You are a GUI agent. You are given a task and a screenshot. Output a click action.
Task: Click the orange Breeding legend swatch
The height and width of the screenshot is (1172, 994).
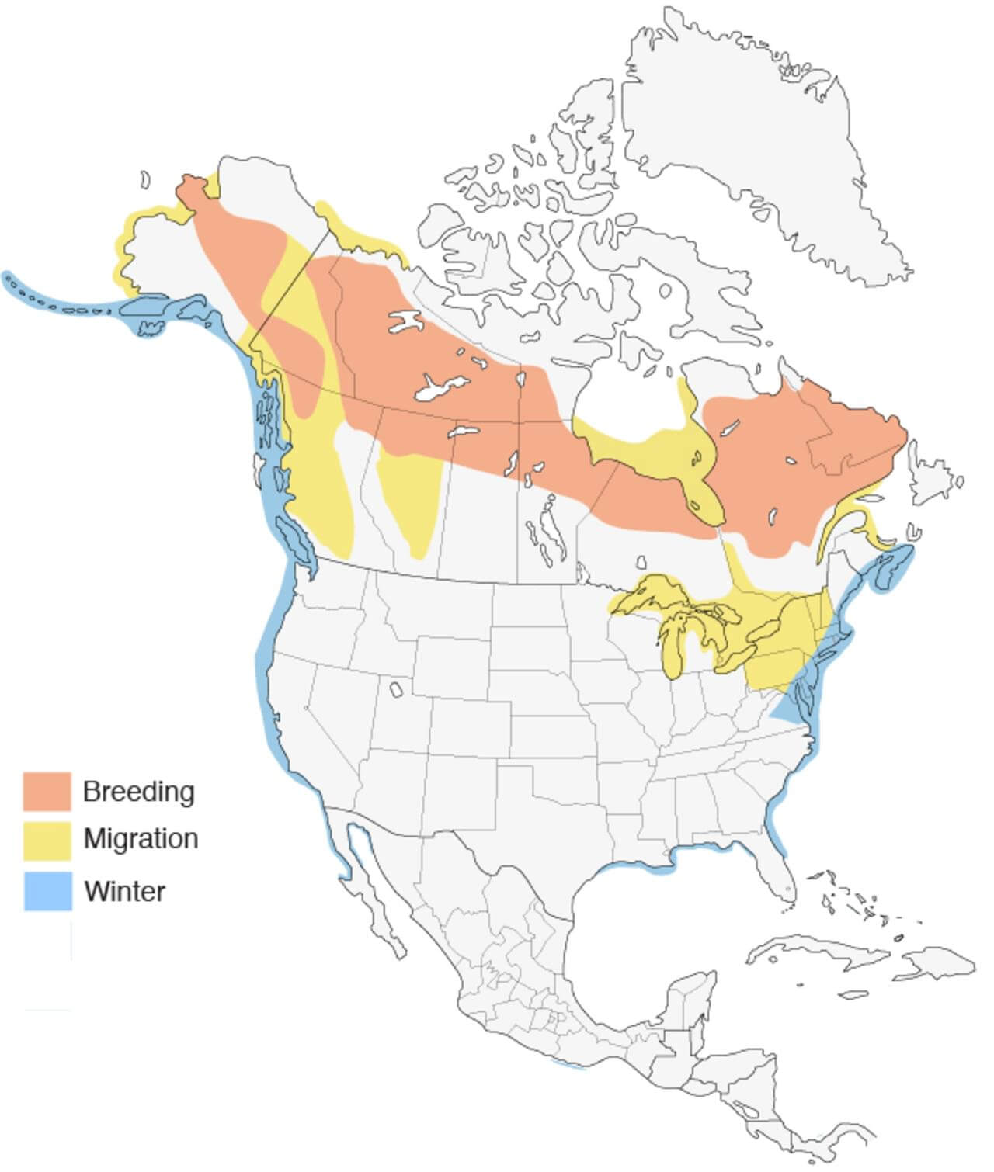click(47, 791)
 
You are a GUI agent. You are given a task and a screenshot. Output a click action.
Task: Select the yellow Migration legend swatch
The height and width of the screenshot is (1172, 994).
click(47, 841)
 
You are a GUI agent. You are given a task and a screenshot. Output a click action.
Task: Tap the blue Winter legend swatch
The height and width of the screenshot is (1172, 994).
click(47, 890)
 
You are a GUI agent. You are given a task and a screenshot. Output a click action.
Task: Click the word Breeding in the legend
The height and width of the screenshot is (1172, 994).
click(138, 792)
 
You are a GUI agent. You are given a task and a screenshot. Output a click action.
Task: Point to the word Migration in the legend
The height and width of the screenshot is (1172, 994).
click(141, 839)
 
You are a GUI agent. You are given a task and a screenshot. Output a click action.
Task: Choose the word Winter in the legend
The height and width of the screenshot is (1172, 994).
click(124, 891)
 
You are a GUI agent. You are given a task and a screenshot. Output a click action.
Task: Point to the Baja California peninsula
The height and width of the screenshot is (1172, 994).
click(373, 893)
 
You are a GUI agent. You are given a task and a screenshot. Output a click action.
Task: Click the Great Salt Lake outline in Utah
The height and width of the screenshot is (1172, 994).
click(396, 689)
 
